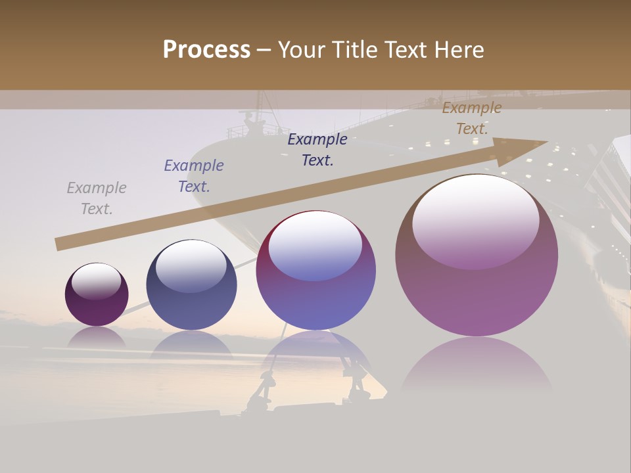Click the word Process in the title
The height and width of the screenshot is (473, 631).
(206, 50)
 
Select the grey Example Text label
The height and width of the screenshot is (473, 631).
(97, 198)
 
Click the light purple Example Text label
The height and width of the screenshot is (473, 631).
(194, 176)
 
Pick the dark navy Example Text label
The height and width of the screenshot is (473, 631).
(317, 150)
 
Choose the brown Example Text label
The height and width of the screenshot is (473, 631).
(472, 118)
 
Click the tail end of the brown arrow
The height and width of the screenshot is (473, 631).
(58, 244)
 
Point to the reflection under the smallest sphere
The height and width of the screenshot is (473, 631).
(97, 338)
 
